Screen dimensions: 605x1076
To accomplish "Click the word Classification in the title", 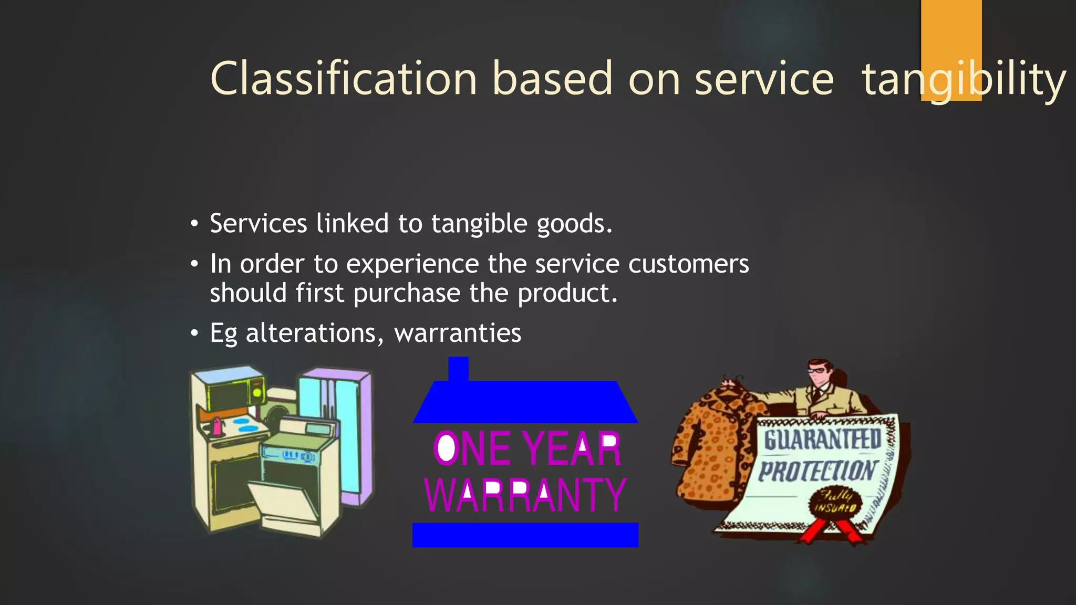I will pos(344,79).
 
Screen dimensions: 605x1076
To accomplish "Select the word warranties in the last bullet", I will pos(458,333).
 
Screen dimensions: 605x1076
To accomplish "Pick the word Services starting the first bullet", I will pos(258,224).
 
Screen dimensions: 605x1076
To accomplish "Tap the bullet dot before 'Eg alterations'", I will pos(195,333).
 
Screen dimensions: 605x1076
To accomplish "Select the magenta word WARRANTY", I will pos(525,495).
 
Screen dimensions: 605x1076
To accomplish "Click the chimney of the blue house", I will pos(458,369).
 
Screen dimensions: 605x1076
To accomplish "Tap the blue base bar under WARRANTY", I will pos(525,535).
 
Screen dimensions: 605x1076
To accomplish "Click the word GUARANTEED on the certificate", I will pos(822,439).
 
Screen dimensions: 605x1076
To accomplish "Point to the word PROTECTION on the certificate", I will pos(818,471).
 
